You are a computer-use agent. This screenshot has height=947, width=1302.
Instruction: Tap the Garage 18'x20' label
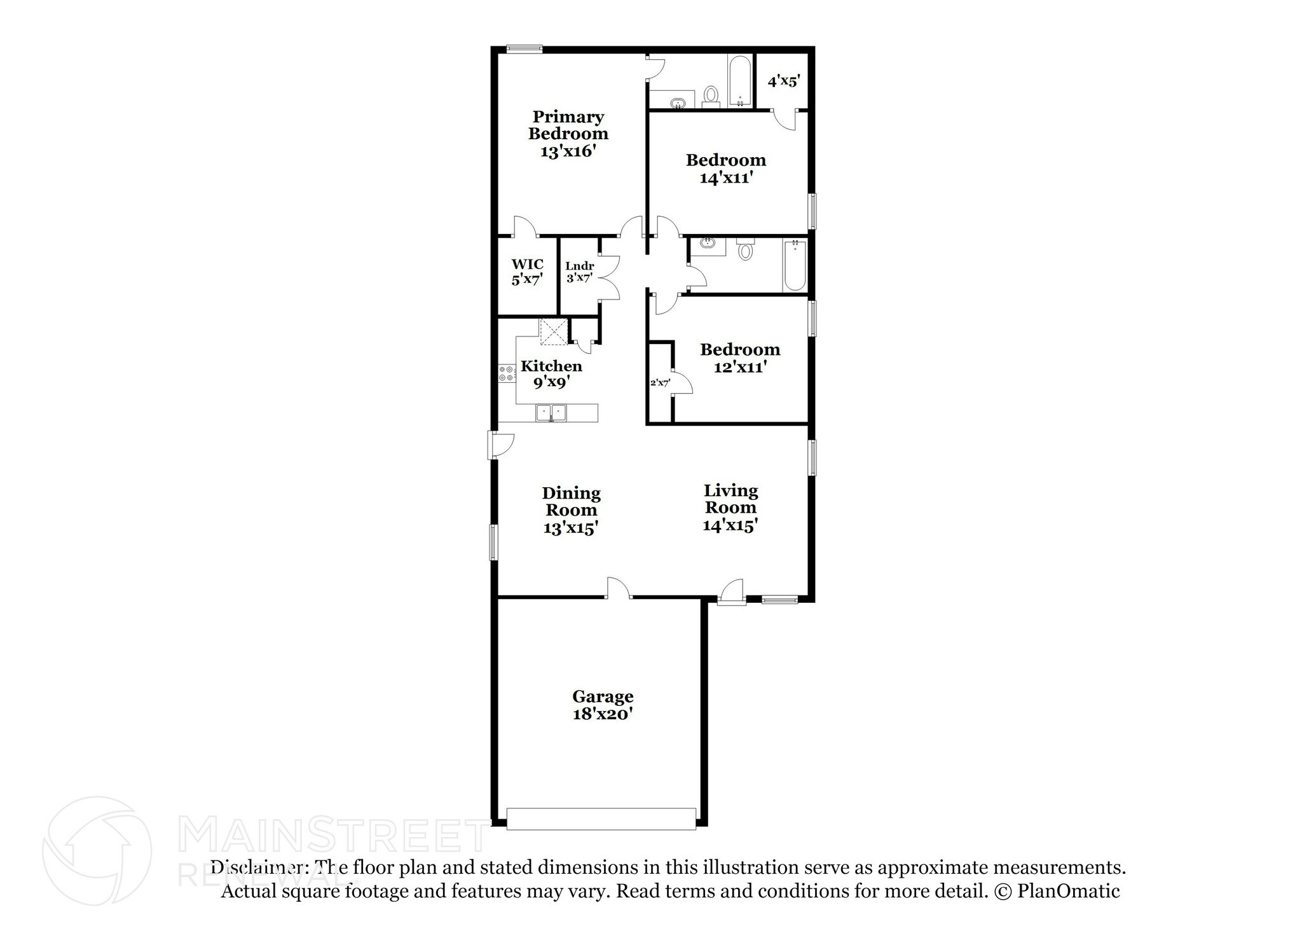tap(603, 705)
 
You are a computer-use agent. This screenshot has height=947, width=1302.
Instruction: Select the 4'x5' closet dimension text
tap(783, 81)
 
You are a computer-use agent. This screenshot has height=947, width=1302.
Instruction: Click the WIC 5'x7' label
tap(527, 272)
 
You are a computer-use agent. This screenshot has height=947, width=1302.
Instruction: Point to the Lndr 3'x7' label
tap(579, 272)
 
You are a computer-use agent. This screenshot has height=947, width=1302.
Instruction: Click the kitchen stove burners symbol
tap(507, 373)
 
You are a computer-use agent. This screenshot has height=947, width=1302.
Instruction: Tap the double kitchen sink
tap(551, 413)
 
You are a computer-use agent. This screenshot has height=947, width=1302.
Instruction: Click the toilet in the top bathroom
tap(711, 97)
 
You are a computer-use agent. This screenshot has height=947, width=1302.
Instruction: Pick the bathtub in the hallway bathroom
tap(795, 265)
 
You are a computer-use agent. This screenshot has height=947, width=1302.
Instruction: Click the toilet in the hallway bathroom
tap(745, 250)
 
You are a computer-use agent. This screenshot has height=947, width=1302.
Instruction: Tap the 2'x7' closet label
tap(660, 383)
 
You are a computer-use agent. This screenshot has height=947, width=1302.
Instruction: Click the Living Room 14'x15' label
tap(730, 508)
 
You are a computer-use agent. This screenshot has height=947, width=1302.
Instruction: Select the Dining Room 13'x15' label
tap(571, 510)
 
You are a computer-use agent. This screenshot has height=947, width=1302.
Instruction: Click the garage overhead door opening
tap(601, 819)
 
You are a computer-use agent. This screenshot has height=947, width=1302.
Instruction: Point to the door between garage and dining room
tap(618, 590)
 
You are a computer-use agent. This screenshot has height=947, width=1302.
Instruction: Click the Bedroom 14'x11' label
tap(726, 169)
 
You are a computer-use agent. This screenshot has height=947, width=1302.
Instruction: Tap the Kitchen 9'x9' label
tap(551, 373)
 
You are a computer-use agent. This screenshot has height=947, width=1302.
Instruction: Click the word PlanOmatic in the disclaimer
tap(1068, 891)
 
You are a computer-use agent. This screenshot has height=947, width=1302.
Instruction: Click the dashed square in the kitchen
tap(553, 331)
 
